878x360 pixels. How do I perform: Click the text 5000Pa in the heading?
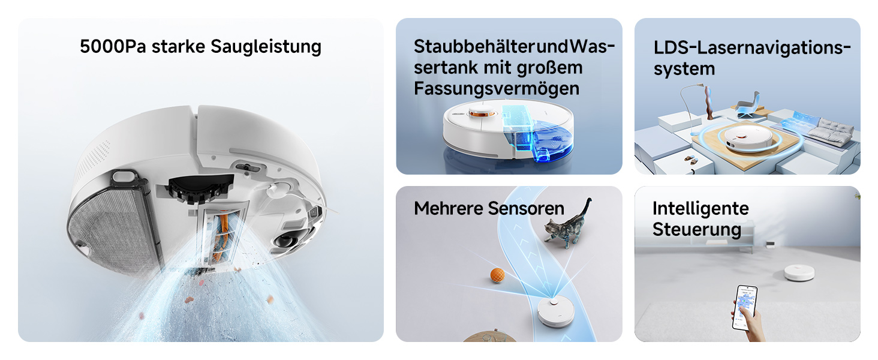113,47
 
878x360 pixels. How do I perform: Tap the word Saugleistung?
266,47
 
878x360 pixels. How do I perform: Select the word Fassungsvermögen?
497,89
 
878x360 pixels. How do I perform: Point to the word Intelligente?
700,208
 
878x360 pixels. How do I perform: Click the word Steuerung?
697,229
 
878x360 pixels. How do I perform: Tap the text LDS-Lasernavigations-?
752,48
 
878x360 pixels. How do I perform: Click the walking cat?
568,224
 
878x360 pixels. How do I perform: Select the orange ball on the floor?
497,275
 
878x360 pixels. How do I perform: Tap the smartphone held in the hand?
745,307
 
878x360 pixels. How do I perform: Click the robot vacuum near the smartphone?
799,272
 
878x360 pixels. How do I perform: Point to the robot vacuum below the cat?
555,313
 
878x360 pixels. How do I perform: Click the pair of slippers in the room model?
691,159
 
